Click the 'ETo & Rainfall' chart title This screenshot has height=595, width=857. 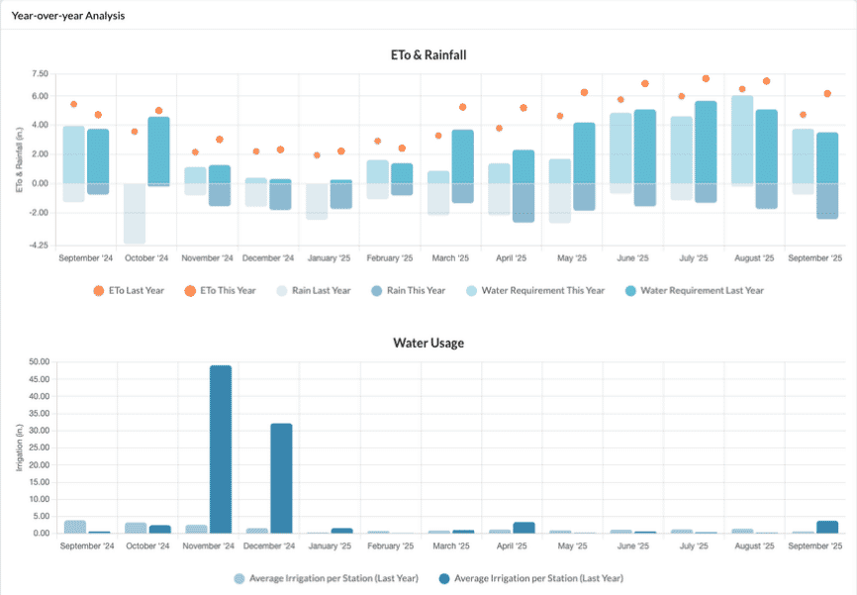[x=428, y=54]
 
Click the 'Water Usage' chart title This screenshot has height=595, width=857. [x=428, y=343]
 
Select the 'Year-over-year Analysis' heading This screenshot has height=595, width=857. [x=68, y=16]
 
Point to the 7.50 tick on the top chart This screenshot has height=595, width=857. [x=40, y=73]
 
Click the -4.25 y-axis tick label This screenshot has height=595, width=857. [x=39, y=245]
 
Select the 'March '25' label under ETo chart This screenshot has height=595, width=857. [x=450, y=257]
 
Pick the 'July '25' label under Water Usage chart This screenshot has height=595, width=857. [x=694, y=545]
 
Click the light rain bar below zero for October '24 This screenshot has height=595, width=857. [x=135, y=213]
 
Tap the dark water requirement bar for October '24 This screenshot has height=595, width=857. [x=159, y=150]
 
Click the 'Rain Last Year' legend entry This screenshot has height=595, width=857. [x=318, y=290]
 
